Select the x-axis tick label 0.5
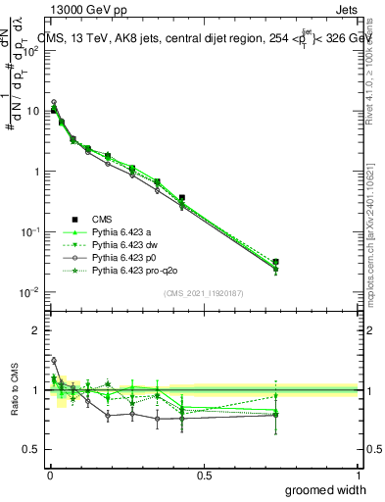tap(203, 476)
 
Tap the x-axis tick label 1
tap(358, 476)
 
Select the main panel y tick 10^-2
tap(29, 292)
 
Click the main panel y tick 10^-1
tap(29, 231)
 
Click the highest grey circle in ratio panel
tap(54, 360)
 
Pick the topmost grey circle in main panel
tap(54, 102)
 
